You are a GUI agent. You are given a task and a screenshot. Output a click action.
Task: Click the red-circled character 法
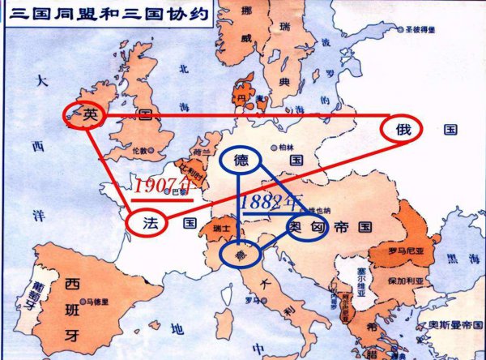pyautogui.click(x=148, y=221)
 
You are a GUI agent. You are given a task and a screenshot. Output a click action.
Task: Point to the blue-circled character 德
pyautogui.click(x=241, y=161)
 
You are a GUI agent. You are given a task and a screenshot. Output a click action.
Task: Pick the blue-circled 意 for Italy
pyautogui.click(x=240, y=255)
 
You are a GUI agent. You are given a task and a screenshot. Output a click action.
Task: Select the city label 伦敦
pyautogui.click(x=141, y=152)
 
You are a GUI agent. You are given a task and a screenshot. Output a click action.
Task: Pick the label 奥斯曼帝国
pyautogui.click(x=458, y=324)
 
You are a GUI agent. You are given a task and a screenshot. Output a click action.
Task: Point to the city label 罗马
pyautogui.click(x=254, y=301)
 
